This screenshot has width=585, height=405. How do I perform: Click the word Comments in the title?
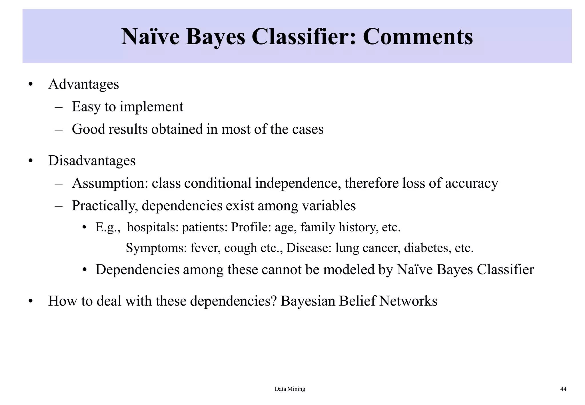point(418,37)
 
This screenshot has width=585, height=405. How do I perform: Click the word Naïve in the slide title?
point(150,37)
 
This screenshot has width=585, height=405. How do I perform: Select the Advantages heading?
point(83,84)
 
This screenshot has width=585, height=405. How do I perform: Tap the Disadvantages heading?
point(92,161)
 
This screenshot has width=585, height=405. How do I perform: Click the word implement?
point(151,107)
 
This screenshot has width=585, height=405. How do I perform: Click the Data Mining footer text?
point(290,389)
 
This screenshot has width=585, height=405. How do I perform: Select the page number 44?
point(563,389)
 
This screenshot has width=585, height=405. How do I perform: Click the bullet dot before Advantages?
point(31,85)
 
